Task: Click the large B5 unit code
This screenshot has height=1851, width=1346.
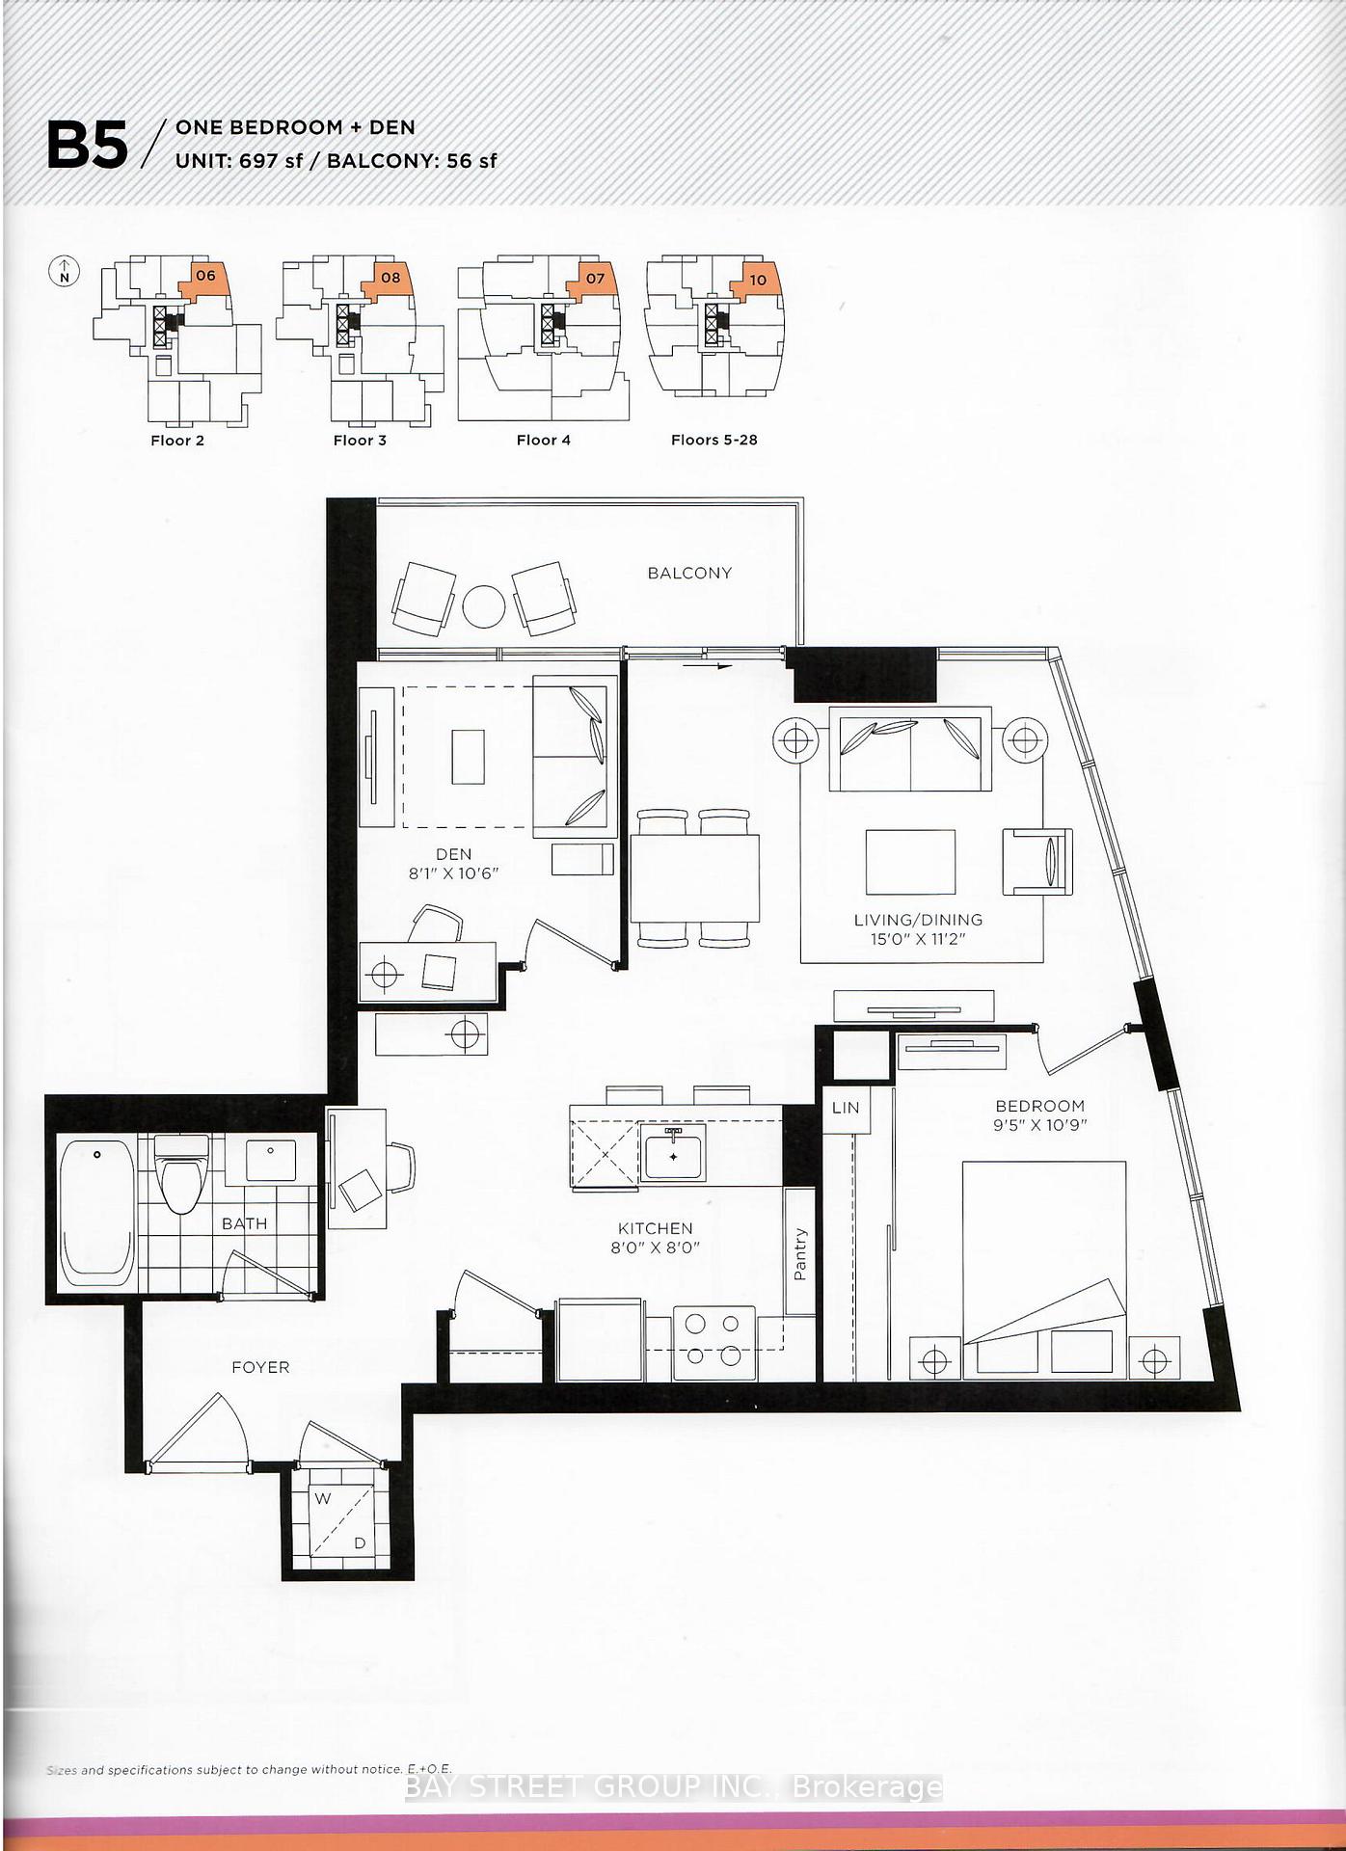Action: pyautogui.click(x=87, y=146)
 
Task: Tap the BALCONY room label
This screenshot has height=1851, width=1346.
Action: pyautogui.click(x=689, y=573)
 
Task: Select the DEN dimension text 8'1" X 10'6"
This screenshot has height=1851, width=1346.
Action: pyautogui.click(x=453, y=873)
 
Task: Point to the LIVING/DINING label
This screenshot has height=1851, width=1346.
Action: pyautogui.click(x=918, y=920)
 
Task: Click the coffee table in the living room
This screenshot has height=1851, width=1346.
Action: pyautogui.click(x=910, y=863)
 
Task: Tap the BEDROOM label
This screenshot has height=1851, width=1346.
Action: pyautogui.click(x=1039, y=1106)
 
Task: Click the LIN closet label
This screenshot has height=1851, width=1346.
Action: pyautogui.click(x=846, y=1108)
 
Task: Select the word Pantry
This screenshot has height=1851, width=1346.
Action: pyautogui.click(x=800, y=1253)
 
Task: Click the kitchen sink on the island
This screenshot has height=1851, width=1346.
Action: pyautogui.click(x=674, y=1153)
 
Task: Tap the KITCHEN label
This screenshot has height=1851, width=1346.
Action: pyautogui.click(x=656, y=1228)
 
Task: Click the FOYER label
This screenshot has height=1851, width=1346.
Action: pyautogui.click(x=260, y=1367)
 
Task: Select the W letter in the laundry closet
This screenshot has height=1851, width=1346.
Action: pyautogui.click(x=323, y=1498)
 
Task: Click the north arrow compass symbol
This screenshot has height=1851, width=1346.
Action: pyautogui.click(x=64, y=272)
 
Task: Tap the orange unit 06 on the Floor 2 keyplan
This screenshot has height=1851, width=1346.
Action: pyautogui.click(x=205, y=279)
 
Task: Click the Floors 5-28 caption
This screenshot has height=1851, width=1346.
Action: pyautogui.click(x=714, y=440)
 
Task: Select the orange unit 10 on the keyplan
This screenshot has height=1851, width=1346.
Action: pyautogui.click(x=757, y=281)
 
